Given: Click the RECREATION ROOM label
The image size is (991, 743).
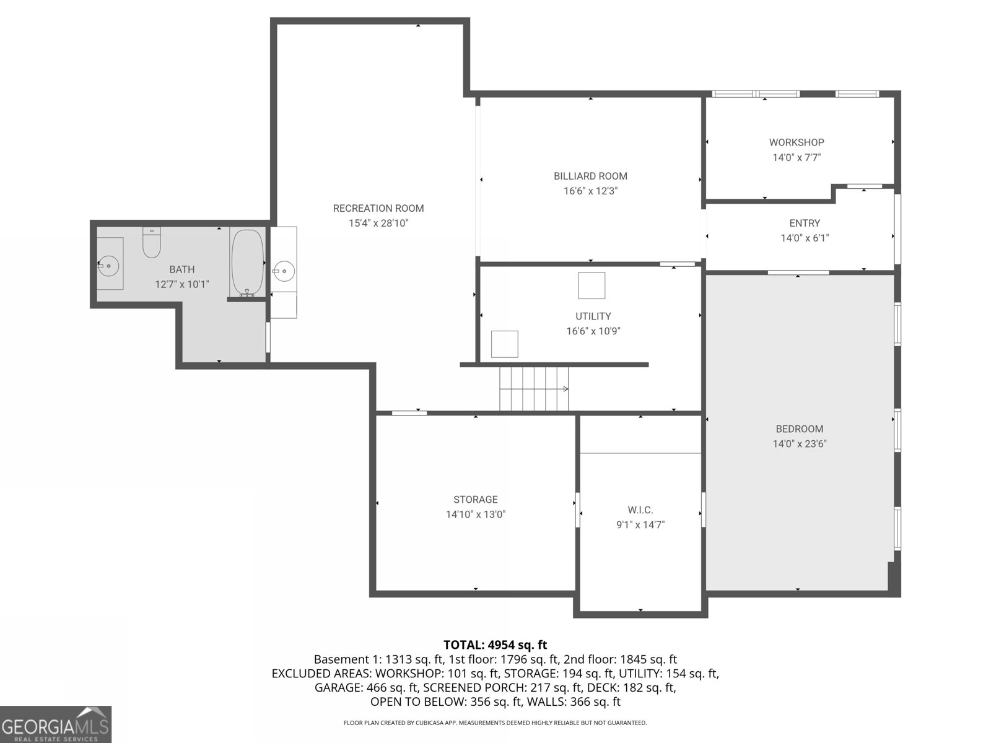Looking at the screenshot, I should pos(378,208).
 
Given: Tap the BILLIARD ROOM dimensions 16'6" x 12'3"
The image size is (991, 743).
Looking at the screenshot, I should pos(590,191).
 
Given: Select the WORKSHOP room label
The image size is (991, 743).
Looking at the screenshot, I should pos(797,142).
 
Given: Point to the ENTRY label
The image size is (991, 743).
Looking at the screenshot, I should pos(805,223).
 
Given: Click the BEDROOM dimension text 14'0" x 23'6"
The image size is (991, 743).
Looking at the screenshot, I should pos(800,444).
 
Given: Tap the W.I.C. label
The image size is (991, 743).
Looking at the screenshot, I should pos(640,510).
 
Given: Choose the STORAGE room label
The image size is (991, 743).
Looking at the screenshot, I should pos(476,500).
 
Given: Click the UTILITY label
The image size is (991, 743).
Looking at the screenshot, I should pos(593,316).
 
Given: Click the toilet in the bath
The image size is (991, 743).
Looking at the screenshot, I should pos(152,243).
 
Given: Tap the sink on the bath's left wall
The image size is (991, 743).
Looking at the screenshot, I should pos(109,265).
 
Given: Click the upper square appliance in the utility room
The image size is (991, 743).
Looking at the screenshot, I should pos(592,285).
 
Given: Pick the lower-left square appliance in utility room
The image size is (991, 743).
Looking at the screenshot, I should pos(504,344).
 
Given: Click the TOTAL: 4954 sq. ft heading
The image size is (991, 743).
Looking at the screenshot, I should pos(495,645).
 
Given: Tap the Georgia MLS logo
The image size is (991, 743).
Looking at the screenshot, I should pos(56,724).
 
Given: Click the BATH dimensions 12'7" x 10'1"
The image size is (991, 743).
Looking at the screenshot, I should pos(181,285).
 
